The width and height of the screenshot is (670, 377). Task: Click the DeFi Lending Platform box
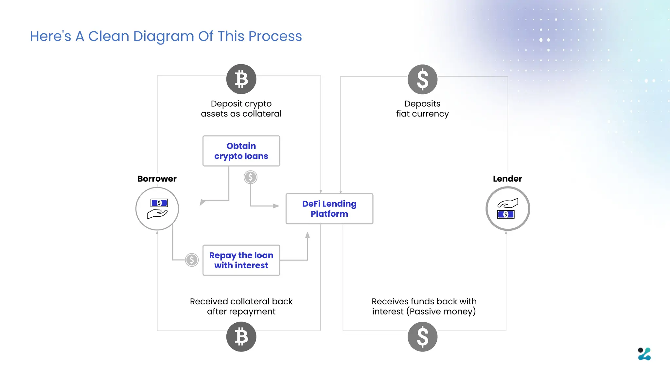(329, 209)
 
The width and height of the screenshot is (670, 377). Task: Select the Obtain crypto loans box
(241, 151)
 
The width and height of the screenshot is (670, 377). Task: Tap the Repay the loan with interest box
(241, 260)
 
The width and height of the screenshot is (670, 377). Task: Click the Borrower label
(157, 179)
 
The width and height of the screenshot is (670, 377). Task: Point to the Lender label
(507, 179)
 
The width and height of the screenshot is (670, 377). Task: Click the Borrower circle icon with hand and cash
(157, 209)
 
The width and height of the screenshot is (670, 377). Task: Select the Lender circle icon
(507, 209)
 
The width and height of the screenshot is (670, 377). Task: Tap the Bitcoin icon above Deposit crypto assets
(241, 79)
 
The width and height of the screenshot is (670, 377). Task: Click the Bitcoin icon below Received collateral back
(241, 336)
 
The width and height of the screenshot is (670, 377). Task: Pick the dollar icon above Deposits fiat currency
(422, 79)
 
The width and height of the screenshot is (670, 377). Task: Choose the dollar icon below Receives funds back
(422, 336)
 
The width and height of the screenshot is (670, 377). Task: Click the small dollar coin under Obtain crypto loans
(250, 177)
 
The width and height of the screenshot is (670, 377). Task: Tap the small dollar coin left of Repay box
(192, 260)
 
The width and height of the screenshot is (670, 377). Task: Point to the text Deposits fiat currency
(422, 109)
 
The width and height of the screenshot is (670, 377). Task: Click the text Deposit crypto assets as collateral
(241, 109)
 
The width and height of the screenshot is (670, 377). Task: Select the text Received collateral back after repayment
(241, 306)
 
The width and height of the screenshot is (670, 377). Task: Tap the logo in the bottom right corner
(644, 354)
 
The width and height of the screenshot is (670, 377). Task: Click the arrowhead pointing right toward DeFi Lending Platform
(276, 206)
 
